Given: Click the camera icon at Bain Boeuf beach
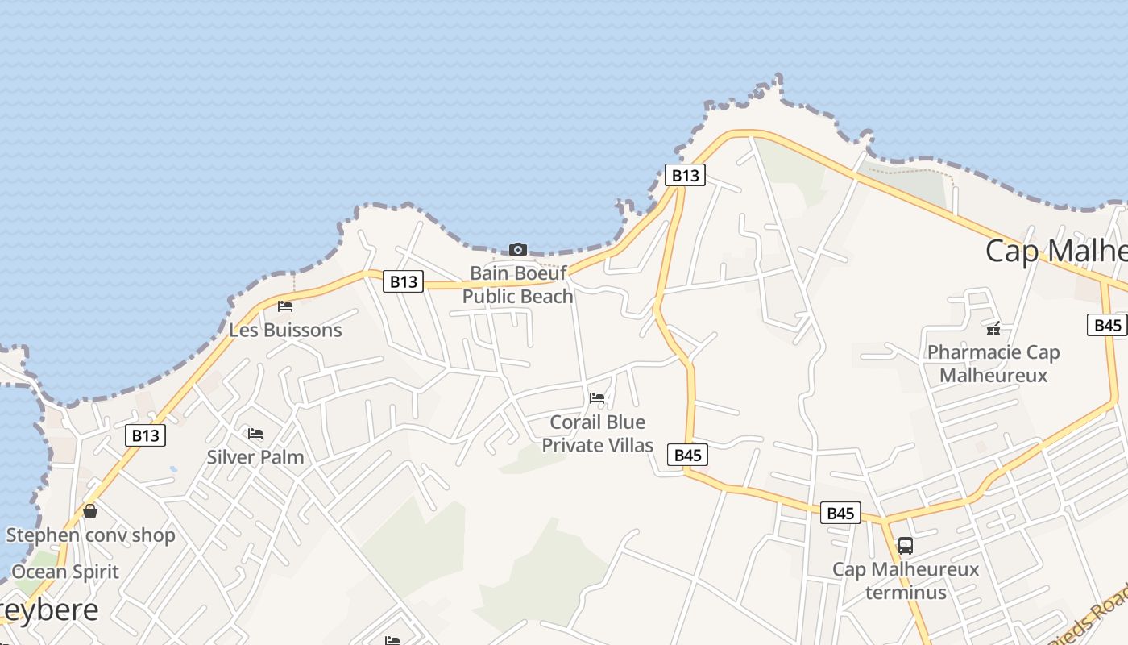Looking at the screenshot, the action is [518, 250].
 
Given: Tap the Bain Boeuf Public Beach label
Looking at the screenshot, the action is [518, 285].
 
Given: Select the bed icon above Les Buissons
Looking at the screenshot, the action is [284, 306].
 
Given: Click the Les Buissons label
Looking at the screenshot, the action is [285, 330].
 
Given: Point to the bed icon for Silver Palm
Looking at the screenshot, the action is [255, 434].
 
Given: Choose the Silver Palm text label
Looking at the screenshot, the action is [255, 457].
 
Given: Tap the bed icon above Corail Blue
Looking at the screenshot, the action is [597, 397].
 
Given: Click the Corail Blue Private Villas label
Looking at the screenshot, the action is [597, 434].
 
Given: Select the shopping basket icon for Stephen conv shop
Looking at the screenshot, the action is [90, 511].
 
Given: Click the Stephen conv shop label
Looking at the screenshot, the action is [90, 535].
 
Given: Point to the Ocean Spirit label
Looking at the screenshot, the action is [65, 572].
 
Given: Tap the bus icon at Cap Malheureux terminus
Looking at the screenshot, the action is [906, 546].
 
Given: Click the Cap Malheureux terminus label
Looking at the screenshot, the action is [906, 580].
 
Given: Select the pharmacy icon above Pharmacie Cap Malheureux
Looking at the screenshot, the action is [993, 328].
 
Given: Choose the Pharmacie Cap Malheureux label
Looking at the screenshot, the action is [993, 364].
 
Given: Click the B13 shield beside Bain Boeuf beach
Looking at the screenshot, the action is [403, 281].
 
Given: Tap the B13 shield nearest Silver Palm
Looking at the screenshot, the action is [145, 435].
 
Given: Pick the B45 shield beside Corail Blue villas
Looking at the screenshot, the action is [687, 455].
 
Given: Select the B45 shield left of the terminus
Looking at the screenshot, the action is [840, 513].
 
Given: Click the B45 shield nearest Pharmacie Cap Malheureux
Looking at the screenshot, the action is [1108, 325].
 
